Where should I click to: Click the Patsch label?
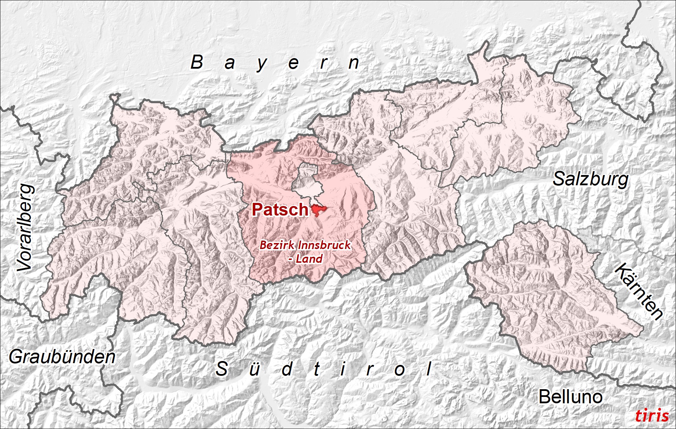pos(280,210)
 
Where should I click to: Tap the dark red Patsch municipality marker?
pos(318,210)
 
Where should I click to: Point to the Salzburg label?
pos(590,179)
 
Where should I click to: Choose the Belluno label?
pos(570,397)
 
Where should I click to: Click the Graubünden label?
pos(62,357)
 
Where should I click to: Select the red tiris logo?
pos(652,416)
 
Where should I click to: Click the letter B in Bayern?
pos(197,62)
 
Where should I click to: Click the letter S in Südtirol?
pos(222,369)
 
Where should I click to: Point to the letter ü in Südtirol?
pos(254,369)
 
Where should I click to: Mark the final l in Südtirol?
pos(429,369)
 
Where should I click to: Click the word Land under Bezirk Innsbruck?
pos(309,259)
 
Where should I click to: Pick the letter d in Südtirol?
pos(287,369)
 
